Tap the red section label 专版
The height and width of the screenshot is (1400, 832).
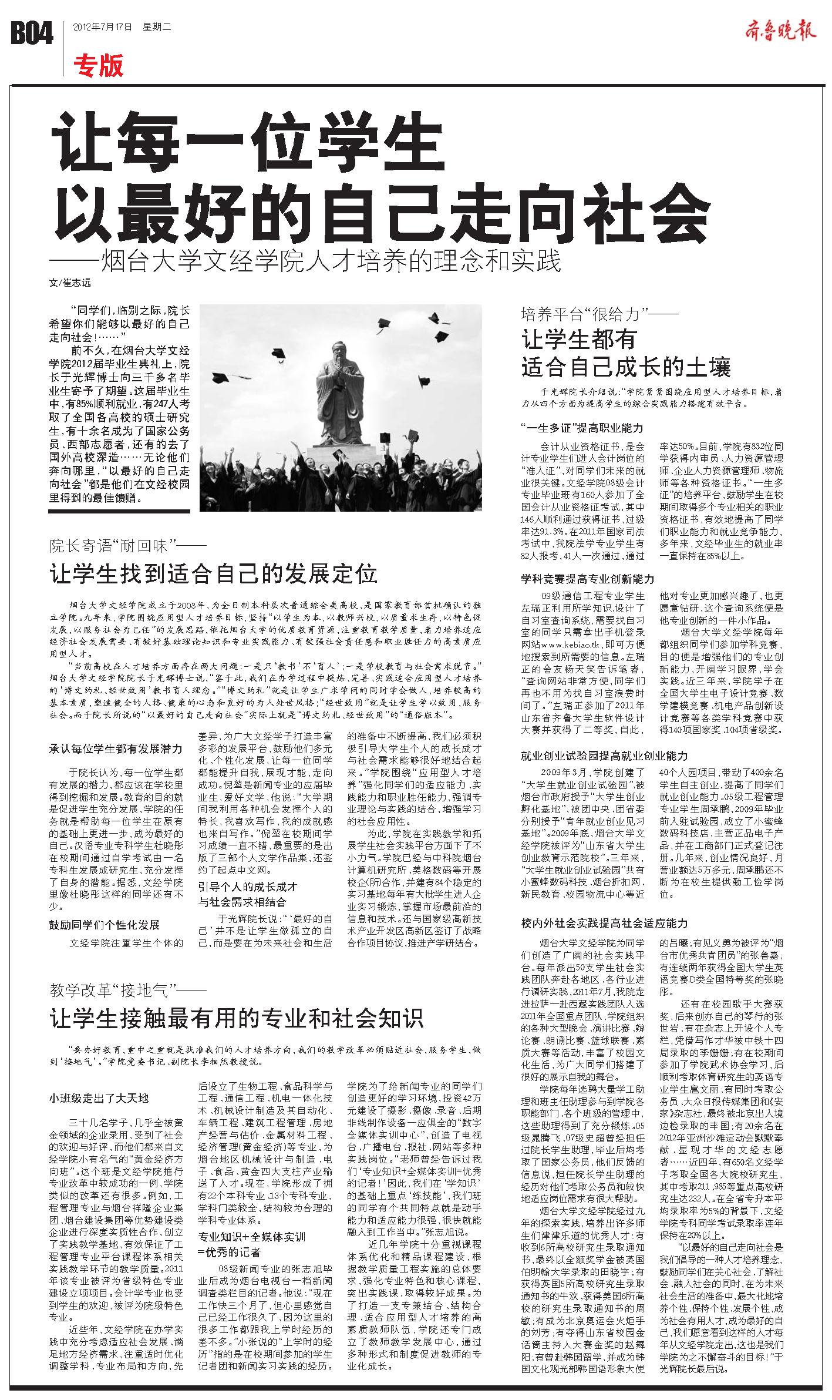click(99, 66)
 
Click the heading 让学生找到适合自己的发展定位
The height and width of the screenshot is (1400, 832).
click(213, 574)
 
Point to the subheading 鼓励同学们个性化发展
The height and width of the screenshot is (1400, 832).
click(104, 925)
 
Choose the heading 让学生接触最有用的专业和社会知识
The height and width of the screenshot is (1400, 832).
click(236, 1018)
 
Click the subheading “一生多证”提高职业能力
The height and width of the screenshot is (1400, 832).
click(582, 428)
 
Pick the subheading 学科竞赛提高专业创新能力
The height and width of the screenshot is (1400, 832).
click(588, 579)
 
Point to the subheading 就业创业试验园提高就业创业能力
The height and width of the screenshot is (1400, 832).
click(604, 756)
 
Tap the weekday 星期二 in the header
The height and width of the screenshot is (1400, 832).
click(157, 26)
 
